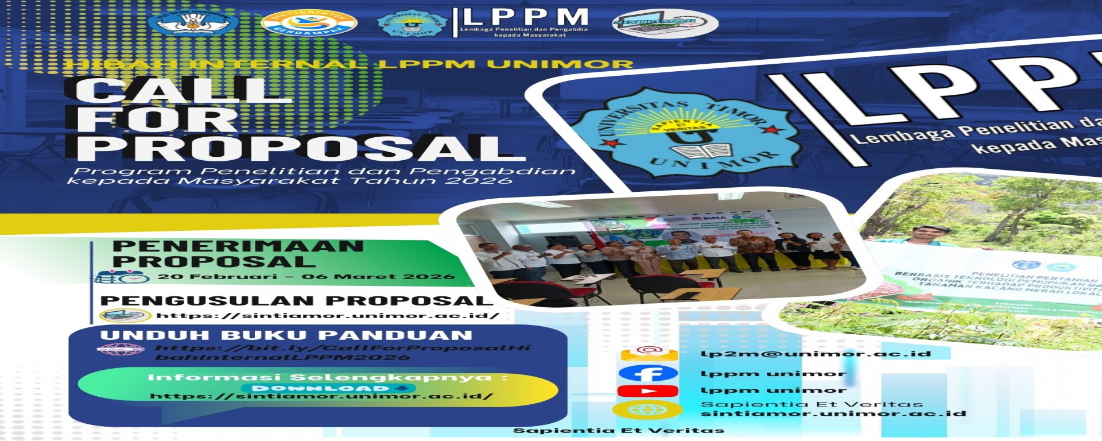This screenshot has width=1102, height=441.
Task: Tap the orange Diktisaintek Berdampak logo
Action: [x=309, y=24]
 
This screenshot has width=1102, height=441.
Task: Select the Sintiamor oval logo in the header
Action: [x=665, y=24]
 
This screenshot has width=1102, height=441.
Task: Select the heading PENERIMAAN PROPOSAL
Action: [x=238, y=253]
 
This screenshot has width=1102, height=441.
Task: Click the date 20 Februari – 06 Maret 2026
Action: [x=306, y=277]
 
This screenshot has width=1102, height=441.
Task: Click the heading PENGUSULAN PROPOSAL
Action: [x=296, y=300]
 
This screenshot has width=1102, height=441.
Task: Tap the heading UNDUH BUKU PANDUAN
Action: [x=286, y=335]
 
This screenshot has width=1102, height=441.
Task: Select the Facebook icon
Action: [x=647, y=374]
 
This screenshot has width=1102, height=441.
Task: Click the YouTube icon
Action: [x=647, y=391]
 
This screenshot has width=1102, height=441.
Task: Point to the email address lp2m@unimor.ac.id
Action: [x=815, y=354]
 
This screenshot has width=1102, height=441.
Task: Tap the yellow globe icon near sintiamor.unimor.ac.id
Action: [x=647, y=409]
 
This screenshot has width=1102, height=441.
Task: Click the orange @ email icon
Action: [x=649, y=351]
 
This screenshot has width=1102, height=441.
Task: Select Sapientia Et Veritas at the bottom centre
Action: [x=618, y=431]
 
